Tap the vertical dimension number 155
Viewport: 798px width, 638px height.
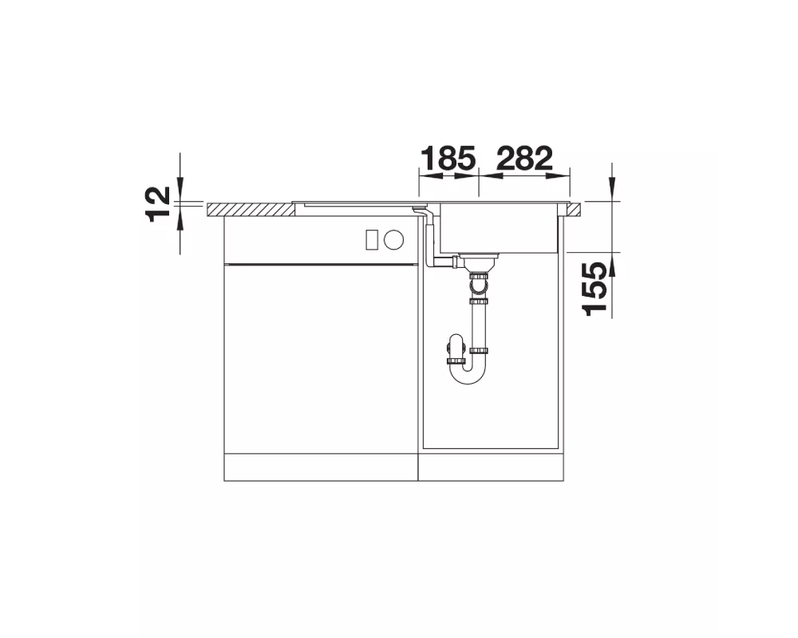595,289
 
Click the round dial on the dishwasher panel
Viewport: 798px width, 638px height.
394,239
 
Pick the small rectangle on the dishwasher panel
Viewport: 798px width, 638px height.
372,239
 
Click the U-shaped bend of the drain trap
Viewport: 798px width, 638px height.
467,374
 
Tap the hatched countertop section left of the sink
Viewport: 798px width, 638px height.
251,209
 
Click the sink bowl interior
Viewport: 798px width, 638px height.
499,228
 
